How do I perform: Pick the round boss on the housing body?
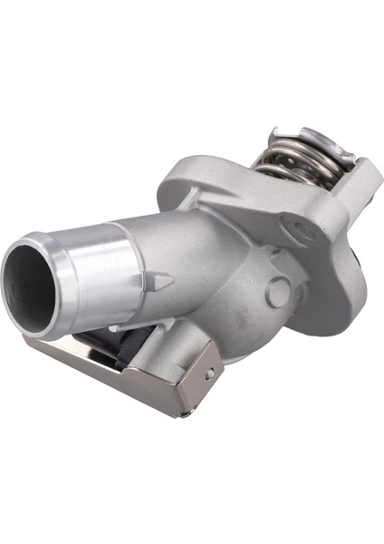tap(278, 292)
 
